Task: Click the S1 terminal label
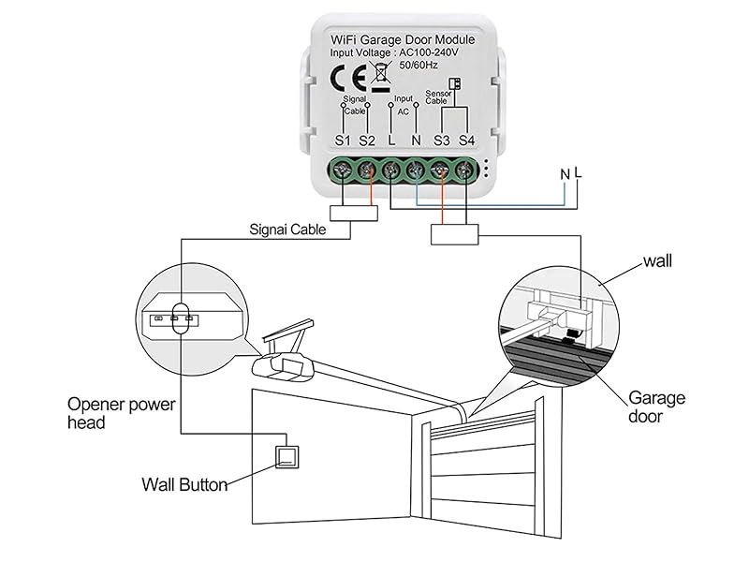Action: pos(344,140)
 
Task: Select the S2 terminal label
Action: pos(367,140)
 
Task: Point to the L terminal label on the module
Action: pos(391,140)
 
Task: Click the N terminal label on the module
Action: pos(417,140)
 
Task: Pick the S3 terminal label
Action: pos(442,140)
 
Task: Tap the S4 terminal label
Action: pos(467,140)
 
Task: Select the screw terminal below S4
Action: pos(465,170)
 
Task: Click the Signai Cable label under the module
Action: pos(288,229)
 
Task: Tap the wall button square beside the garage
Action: pos(287,456)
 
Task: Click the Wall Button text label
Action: pos(184,485)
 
